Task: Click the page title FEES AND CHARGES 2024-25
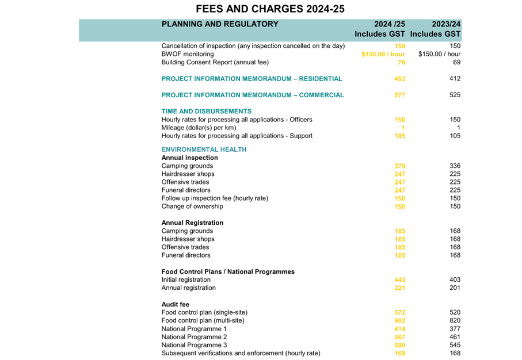270,9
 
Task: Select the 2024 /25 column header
390,24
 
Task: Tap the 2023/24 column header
446,24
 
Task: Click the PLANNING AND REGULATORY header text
220,24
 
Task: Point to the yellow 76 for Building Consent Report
402,62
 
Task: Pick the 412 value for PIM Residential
455,79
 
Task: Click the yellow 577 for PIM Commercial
399,95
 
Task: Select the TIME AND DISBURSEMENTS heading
207,111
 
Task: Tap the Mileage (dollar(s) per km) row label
199,128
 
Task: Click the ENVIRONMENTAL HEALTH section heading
204,150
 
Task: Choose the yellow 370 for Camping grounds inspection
399,166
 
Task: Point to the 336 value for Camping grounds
455,166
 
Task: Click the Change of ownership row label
192,206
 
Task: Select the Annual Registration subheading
192,223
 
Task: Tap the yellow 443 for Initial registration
399,280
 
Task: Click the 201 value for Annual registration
455,288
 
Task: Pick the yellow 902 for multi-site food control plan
399,320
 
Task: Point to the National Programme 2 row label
194,337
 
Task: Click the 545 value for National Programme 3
455,345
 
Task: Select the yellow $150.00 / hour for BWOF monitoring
383,54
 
